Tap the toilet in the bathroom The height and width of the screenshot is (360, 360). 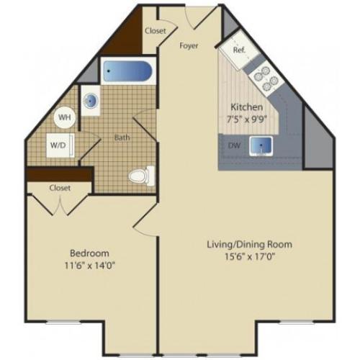click(x=139, y=174)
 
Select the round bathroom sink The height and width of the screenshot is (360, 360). click(x=92, y=101)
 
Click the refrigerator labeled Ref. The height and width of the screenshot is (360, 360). click(x=239, y=50)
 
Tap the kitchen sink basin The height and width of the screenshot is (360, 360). click(x=261, y=146)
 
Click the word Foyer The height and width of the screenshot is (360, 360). click(x=189, y=45)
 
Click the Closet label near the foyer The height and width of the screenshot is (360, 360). click(x=156, y=31)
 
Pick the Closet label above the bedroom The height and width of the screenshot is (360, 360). click(x=60, y=187)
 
